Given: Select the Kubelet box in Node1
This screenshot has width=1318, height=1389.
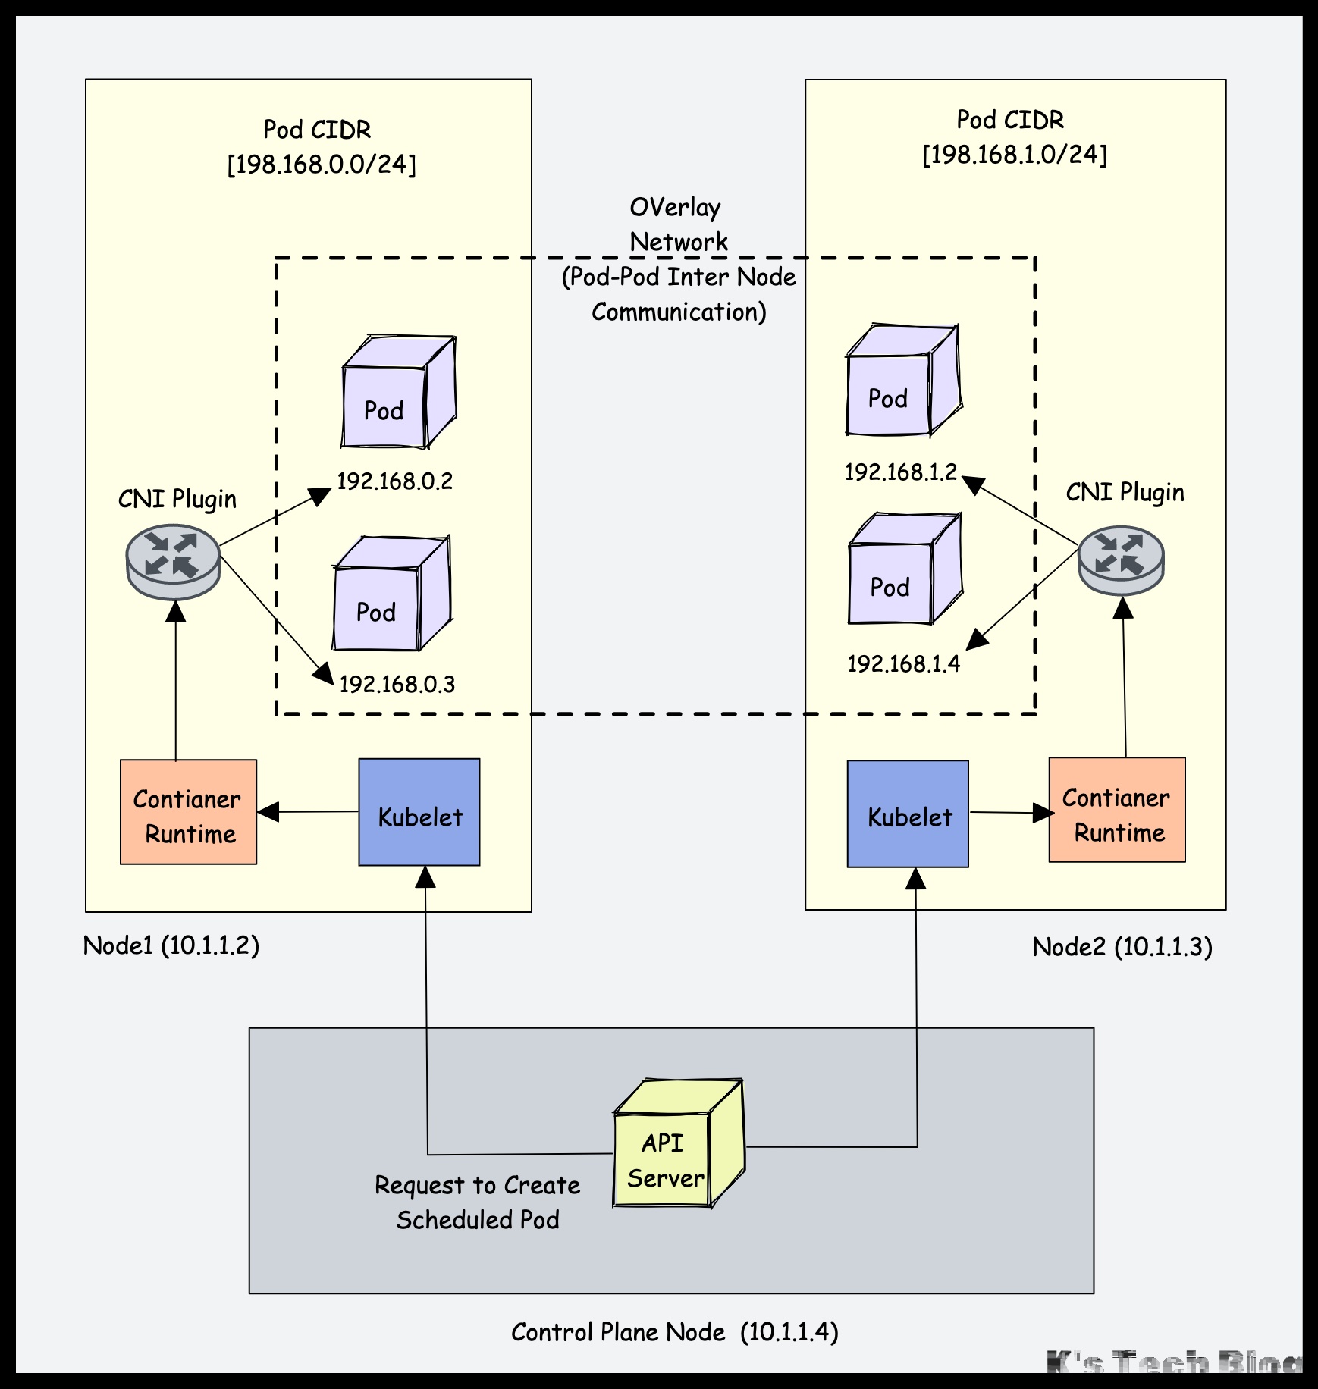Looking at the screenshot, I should (419, 812).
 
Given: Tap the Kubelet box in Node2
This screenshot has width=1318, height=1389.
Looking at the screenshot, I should (908, 814).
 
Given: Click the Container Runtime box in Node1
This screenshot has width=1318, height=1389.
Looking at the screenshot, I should (189, 812).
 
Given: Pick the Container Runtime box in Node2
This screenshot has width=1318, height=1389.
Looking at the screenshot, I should (1117, 810).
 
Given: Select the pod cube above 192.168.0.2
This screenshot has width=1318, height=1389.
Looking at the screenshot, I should (397, 393).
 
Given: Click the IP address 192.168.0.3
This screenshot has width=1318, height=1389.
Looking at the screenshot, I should (397, 685).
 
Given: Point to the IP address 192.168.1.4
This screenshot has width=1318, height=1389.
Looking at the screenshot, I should (903, 664).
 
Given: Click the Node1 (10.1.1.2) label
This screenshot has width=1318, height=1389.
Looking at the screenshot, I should (171, 945).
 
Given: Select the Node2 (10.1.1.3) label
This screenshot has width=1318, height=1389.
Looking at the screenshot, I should (1122, 947).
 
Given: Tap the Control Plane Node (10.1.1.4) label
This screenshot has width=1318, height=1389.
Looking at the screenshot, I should (674, 1332).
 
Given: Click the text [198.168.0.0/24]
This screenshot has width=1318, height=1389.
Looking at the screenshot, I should (322, 165).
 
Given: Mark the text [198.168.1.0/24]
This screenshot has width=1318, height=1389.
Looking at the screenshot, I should (1015, 155).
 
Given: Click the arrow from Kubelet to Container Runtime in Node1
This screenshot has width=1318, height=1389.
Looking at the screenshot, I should (307, 812).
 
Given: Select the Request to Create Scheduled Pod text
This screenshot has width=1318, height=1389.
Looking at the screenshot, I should (478, 1202).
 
